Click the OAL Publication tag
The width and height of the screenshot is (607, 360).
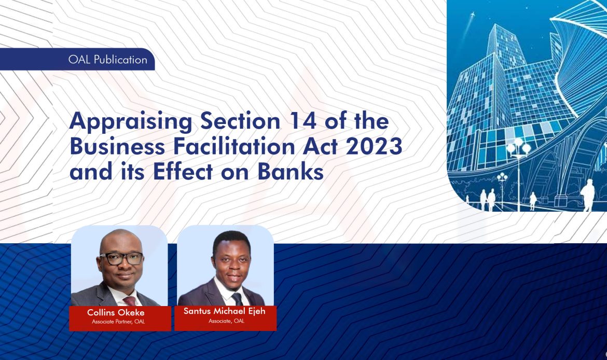click(x=107, y=60)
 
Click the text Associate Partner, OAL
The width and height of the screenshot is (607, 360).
click(x=118, y=322)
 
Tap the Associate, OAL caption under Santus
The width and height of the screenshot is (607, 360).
click(x=226, y=321)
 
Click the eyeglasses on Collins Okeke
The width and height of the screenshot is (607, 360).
click(x=121, y=258)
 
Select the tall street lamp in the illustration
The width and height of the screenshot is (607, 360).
click(x=518, y=171)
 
